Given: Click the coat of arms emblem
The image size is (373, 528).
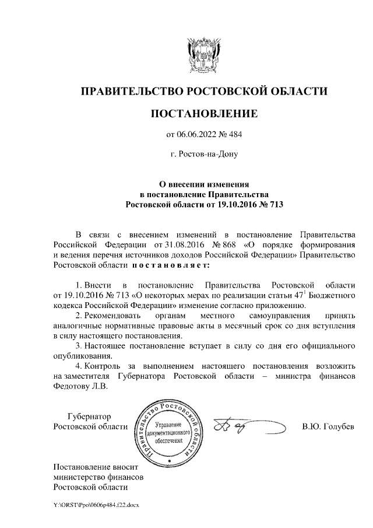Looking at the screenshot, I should (x=203, y=54).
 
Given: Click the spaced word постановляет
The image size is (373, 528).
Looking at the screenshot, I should (x=168, y=265).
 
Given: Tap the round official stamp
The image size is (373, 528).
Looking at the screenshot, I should (x=169, y=432).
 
